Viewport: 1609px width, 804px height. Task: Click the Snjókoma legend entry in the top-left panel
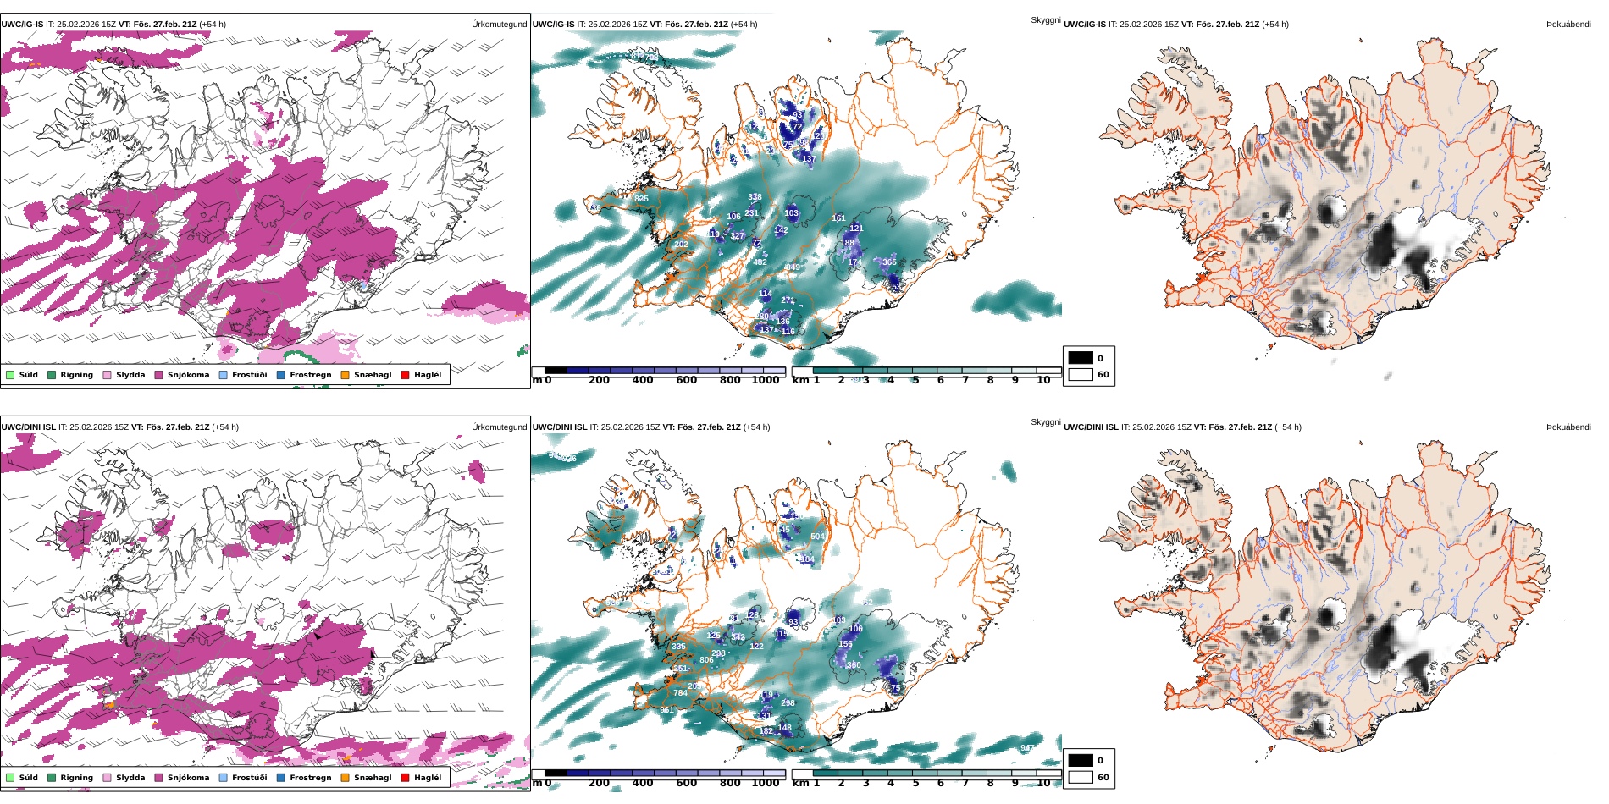point(188,375)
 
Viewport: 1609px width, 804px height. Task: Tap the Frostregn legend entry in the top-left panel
point(310,375)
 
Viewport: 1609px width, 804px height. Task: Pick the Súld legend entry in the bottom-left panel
point(28,778)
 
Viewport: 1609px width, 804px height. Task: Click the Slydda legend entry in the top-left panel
point(130,375)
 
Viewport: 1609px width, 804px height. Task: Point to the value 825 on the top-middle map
point(641,199)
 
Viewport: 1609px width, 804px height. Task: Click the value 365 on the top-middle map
point(889,262)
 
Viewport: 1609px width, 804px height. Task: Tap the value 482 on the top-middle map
point(760,262)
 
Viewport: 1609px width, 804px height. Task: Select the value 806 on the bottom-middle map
point(706,660)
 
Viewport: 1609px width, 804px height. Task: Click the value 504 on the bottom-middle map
point(817,537)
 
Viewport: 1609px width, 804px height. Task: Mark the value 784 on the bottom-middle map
point(680,693)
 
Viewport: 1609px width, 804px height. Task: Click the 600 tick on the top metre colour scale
point(687,380)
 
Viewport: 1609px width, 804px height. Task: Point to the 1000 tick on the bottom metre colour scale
point(766,783)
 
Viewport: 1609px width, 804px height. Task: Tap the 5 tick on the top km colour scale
point(915,380)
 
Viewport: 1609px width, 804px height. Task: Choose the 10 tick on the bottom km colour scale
point(1043,783)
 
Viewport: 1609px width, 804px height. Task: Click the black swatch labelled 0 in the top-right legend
point(1081,358)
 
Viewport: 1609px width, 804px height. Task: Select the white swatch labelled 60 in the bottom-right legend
point(1081,777)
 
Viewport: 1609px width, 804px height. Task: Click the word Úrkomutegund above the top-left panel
point(499,25)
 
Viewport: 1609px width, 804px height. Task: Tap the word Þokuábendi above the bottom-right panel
point(1568,427)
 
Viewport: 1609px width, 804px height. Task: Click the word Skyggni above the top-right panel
point(1045,20)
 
